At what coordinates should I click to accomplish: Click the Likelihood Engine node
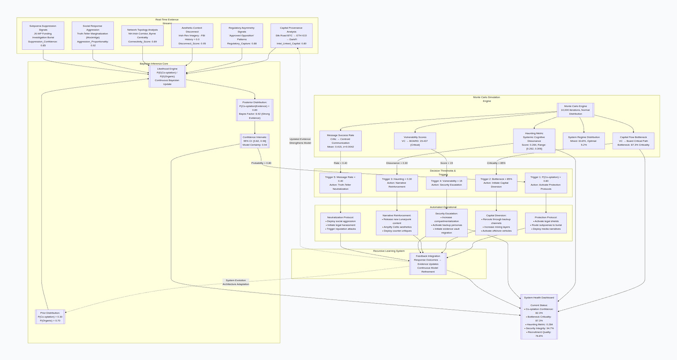coord(167,76)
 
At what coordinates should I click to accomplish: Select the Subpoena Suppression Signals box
coord(43,35)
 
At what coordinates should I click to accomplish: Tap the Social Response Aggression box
coord(93,35)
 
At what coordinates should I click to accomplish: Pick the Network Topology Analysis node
coord(142,35)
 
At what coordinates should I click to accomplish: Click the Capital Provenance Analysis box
coord(292,35)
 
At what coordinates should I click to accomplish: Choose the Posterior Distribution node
coord(255,110)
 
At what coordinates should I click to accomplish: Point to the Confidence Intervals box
coord(255,141)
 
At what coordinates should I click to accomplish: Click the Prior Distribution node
coord(50,317)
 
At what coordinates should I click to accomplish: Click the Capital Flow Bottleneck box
coord(633,140)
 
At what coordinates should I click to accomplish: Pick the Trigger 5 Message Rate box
coord(341,183)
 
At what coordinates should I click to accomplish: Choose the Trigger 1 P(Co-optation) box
coord(546,183)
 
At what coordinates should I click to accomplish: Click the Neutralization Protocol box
coord(340,223)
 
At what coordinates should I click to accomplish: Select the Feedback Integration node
coord(428,264)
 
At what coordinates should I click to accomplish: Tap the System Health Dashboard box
coord(539,316)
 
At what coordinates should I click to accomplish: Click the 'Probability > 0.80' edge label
coord(261,163)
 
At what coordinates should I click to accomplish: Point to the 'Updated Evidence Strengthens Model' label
coord(300,141)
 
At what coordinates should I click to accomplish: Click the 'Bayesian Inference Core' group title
coord(154,63)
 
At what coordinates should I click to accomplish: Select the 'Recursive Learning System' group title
coord(389,251)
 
